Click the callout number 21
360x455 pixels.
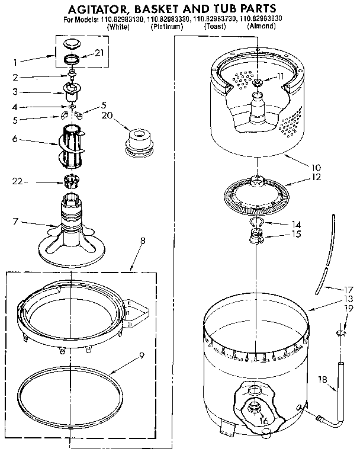99,53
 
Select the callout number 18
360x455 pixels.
322,380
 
